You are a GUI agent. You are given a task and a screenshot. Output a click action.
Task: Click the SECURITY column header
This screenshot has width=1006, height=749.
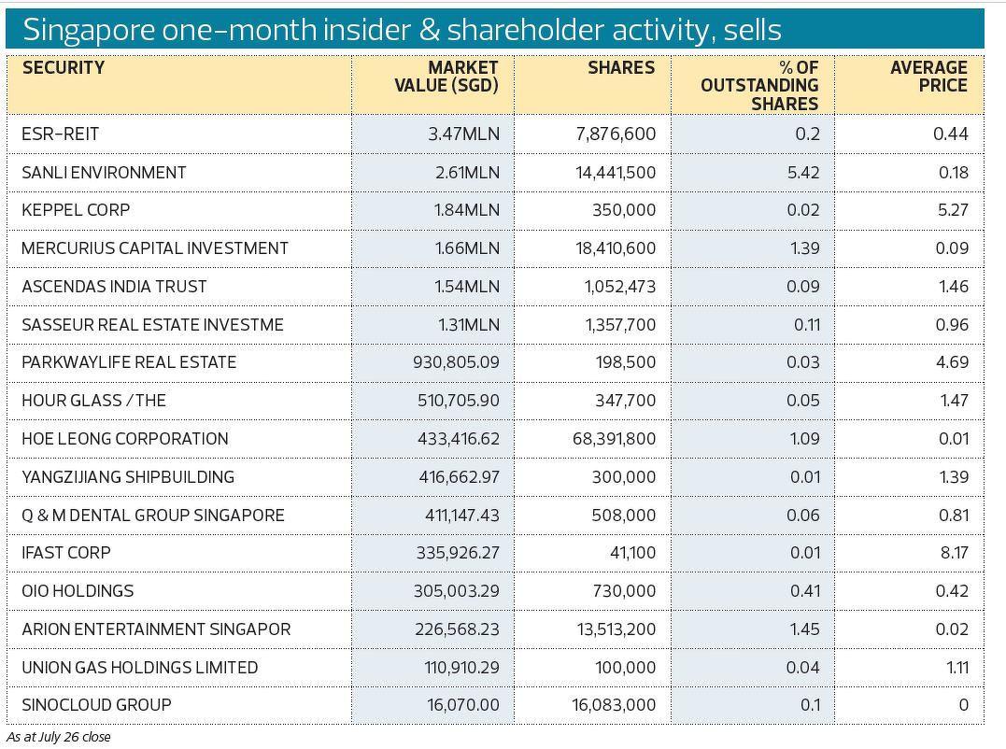point(64,68)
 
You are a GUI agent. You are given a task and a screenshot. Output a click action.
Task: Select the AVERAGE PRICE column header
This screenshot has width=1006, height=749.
point(928,77)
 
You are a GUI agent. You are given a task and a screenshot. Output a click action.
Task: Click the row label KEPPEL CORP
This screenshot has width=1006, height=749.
point(76,210)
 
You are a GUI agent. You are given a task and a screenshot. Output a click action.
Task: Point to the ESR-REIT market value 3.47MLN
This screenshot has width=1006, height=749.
point(464,134)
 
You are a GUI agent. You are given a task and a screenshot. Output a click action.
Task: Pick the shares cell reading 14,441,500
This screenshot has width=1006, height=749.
point(616,173)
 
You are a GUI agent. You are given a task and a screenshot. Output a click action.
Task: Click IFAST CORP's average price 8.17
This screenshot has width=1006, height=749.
point(953,553)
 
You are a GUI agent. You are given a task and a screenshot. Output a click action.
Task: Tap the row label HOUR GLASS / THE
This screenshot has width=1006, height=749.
point(93,401)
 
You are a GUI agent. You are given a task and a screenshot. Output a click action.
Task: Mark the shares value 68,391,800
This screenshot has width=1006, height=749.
point(614,439)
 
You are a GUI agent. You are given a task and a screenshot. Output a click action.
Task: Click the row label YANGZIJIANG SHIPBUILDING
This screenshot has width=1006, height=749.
point(128,477)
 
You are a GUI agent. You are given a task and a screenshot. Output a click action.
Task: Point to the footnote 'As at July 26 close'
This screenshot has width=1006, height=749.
point(59,737)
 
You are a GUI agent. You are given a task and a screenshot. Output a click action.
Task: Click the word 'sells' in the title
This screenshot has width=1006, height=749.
point(752,30)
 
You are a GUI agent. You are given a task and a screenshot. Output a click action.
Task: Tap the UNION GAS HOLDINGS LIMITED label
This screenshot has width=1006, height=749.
point(139,668)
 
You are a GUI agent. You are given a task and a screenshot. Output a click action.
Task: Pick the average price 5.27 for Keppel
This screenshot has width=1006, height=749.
point(952,210)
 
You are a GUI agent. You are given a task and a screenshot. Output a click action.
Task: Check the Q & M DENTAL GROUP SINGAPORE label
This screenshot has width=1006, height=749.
point(153,516)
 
